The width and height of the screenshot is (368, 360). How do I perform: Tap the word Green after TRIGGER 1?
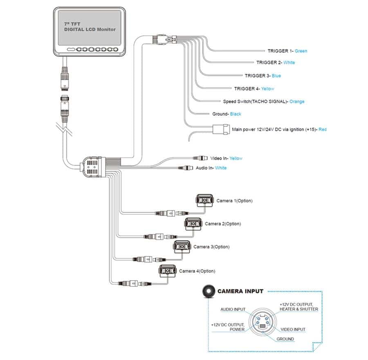pyautogui.click(x=301, y=51)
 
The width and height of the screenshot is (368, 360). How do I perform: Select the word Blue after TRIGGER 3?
pyautogui.click(x=276, y=76)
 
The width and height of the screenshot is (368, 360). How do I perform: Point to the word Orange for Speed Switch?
pyautogui.click(x=297, y=101)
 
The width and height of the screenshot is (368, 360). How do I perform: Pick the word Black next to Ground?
pyautogui.click(x=236, y=114)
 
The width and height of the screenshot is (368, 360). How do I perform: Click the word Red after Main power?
pyautogui.click(x=323, y=130)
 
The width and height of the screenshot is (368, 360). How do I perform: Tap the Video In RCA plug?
pyautogui.click(x=200, y=158)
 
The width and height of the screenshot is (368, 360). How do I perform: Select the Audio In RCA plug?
pyautogui.click(x=188, y=168)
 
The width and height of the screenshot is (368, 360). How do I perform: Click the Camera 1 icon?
pyautogui.click(x=204, y=201)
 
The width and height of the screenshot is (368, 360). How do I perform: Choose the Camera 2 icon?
pyautogui.click(x=193, y=224)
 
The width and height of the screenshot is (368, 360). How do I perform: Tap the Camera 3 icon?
pyautogui.click(x=182, y=247)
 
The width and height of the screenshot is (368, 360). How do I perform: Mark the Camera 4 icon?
pyautogui.click(x=167, y=270)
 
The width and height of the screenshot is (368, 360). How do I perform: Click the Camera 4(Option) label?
pyautogui.click(x=197, y=271)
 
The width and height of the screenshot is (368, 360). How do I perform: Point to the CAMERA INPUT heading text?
pyautogui.click(x=240, y=291)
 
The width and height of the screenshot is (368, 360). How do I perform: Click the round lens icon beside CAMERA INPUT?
pyautogui.click(x=208, y=291)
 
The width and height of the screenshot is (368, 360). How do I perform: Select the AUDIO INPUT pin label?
pyautogui.click(x=233, y=309)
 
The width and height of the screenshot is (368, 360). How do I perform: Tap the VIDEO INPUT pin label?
pyautogui.click(x=293, y=329)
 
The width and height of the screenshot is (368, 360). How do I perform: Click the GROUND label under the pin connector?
pyautogui.click(x=285, y=339)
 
